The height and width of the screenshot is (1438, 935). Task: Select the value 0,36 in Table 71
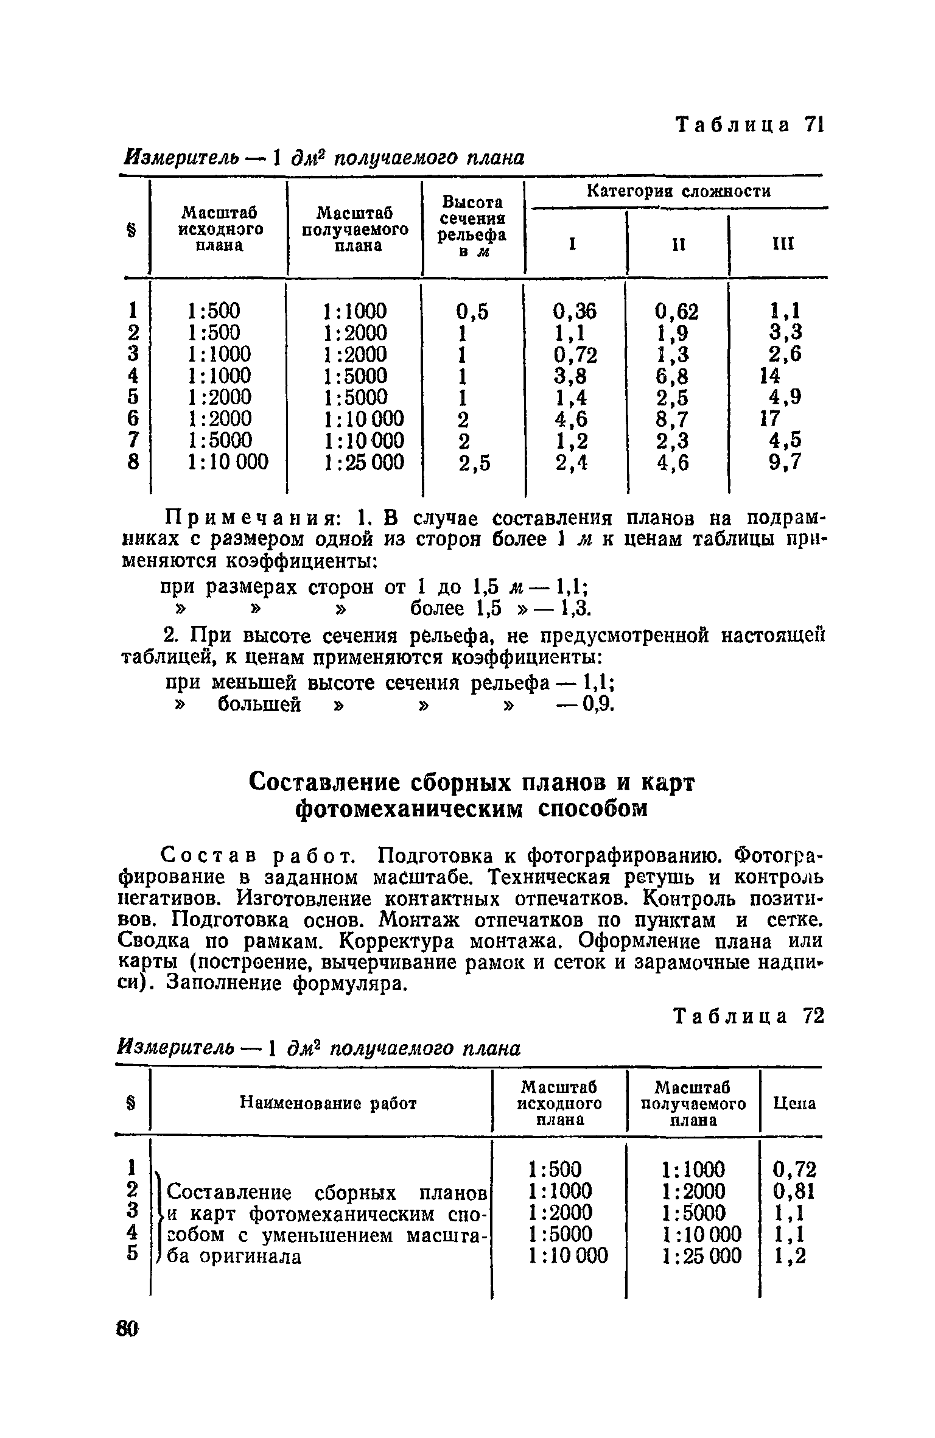[x=575, y=312]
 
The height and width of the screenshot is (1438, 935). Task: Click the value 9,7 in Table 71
[x=784, y=463]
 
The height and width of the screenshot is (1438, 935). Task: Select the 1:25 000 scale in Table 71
[x=364, y=463]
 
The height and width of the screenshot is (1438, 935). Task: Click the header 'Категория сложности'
[x=678, y=192]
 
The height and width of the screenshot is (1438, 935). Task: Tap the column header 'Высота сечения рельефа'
[x=473, y=226]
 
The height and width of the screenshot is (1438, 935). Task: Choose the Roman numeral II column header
[x=678, y=245]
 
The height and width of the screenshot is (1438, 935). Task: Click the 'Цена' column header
[x=794, y=1103]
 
